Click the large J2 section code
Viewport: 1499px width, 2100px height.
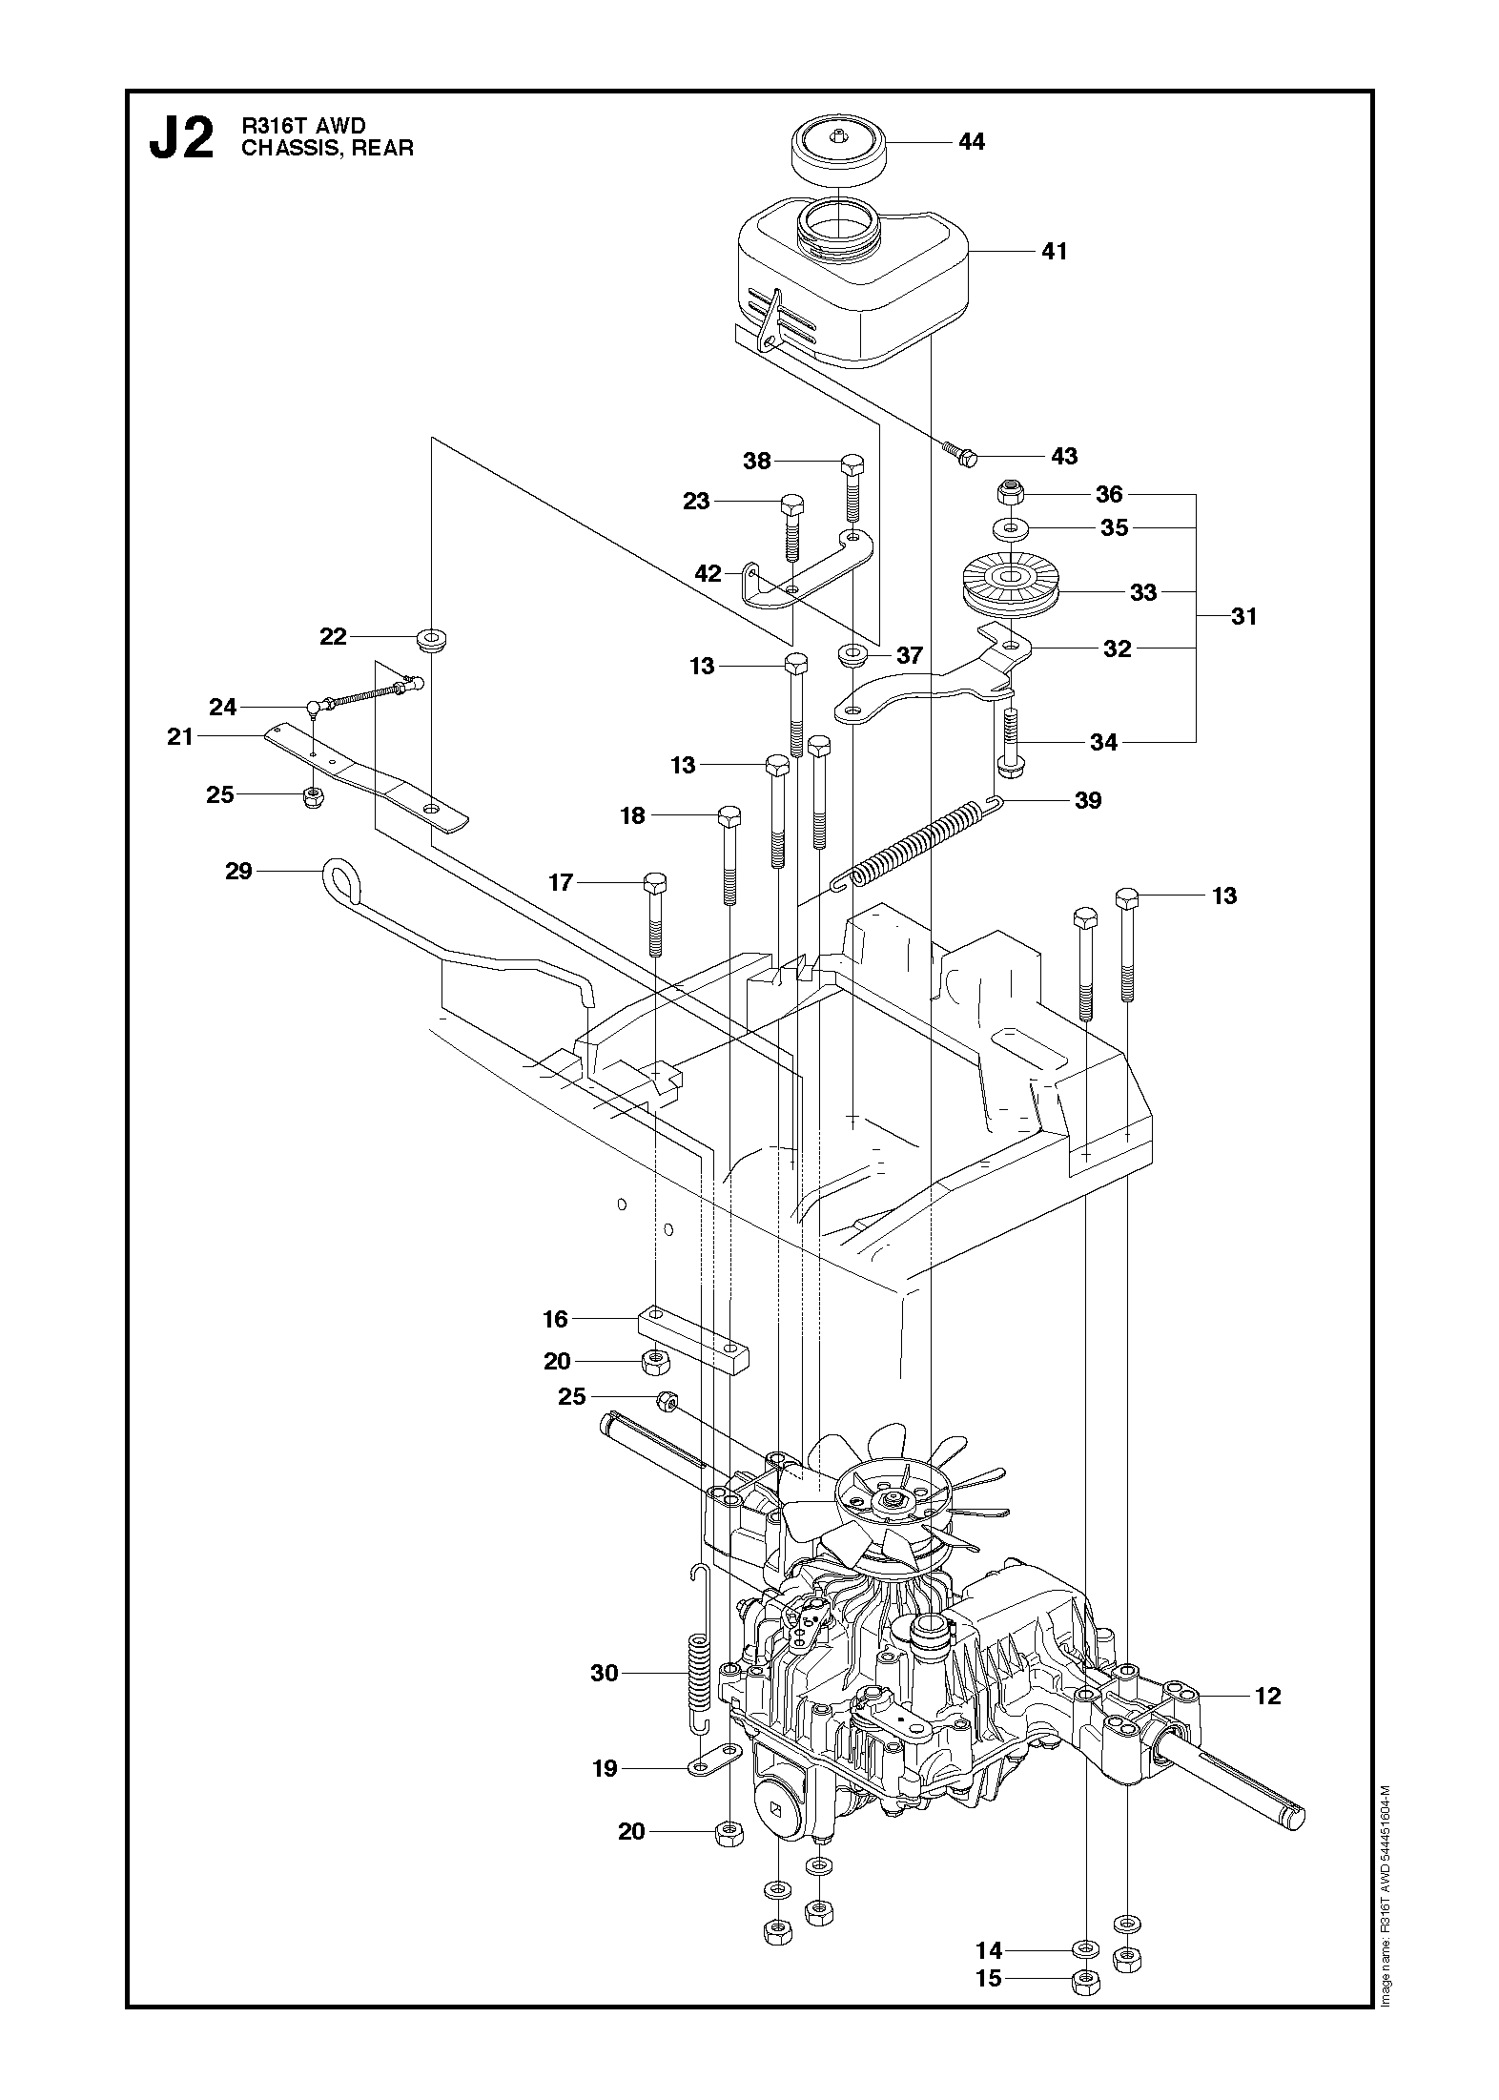click(x=181, y=140)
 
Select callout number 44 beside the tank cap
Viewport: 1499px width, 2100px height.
click(x=971, y=141)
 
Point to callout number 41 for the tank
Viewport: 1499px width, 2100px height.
click(x=1055, y=251)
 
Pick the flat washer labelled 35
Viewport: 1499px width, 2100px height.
click(x=1010, y=527)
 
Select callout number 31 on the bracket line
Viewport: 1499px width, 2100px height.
click(x=1244, y=616)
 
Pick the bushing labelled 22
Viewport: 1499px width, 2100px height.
click(x=433, y=637)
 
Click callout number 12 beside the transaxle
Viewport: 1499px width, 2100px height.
click(x=1268, y=1696)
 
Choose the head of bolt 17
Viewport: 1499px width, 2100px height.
click(x=657, y=883)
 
